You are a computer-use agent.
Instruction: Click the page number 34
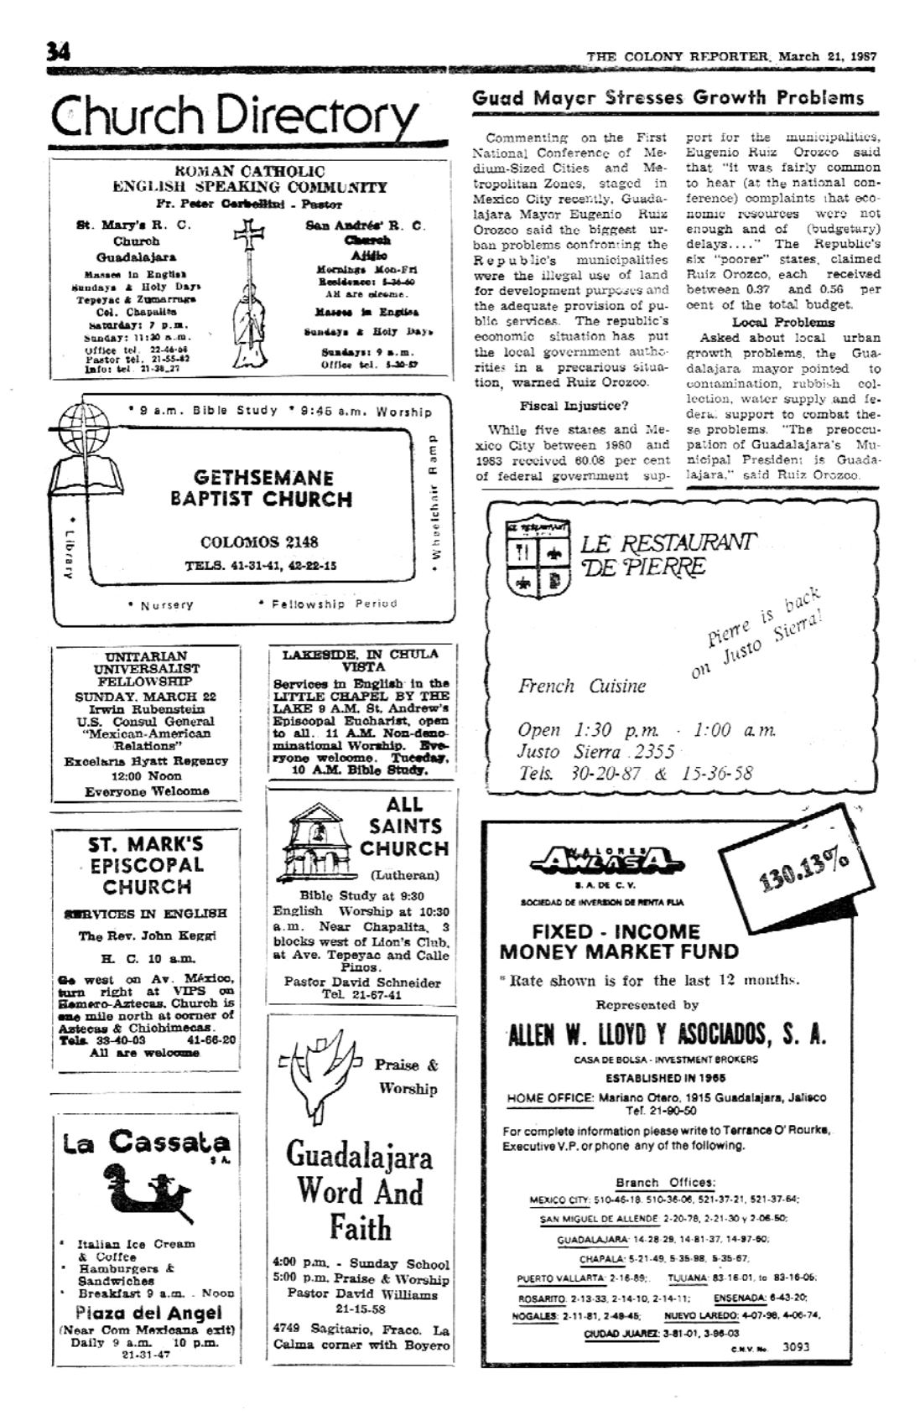(x=58, y=52)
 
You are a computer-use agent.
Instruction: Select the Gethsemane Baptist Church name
(x=261, y=489)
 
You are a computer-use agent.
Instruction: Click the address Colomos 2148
(x=259, y=542)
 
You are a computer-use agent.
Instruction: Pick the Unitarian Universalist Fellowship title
(x=147, y=668)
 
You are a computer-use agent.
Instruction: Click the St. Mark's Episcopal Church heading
(x=147, y=865)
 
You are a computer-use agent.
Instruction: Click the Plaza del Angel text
(x=148, y=1313)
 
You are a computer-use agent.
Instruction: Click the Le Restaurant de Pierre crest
(x=538, y=559)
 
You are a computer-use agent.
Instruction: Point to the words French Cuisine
(x=581, y=687)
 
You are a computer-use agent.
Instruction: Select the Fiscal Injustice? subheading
(x=574, y=406)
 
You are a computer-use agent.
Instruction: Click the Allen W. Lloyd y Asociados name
(x=667, y=1034)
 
